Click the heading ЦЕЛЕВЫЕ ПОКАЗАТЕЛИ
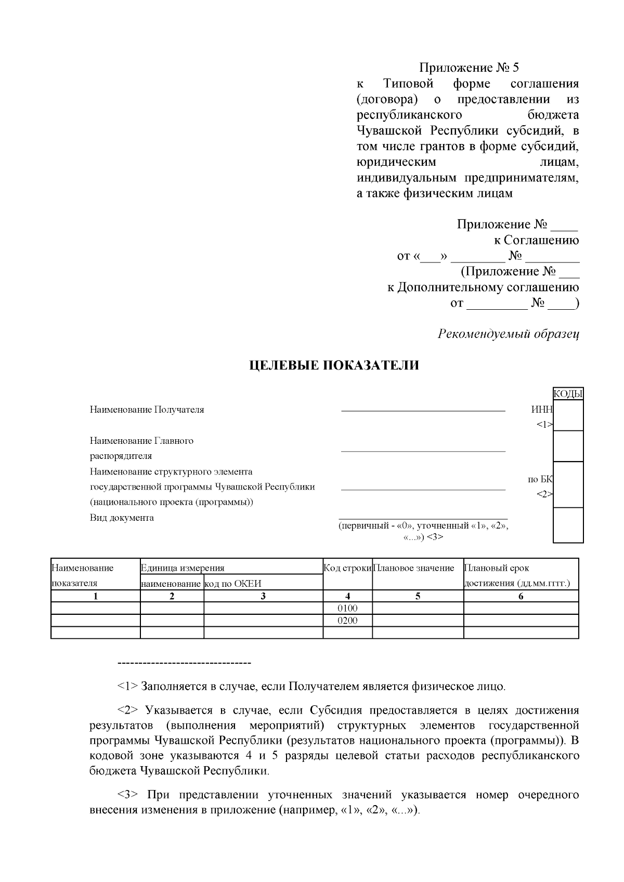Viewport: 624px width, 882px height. [334, 365]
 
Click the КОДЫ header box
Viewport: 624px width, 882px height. [568, 394]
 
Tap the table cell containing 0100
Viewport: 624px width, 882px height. [347, 608]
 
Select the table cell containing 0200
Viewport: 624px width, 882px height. [347, 621]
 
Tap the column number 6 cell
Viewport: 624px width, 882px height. [521, 596]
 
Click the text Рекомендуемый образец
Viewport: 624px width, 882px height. [509, 334]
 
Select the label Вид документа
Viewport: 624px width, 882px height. [122, 518]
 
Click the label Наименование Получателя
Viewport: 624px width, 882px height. [147, 410]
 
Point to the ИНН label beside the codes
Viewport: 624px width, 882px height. [542, 410]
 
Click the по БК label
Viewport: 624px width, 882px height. [540, 479]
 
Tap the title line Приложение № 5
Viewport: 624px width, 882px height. [469, 68]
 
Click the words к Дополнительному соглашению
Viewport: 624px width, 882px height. [483, 287]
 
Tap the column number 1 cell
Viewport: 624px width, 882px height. [96, 596]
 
